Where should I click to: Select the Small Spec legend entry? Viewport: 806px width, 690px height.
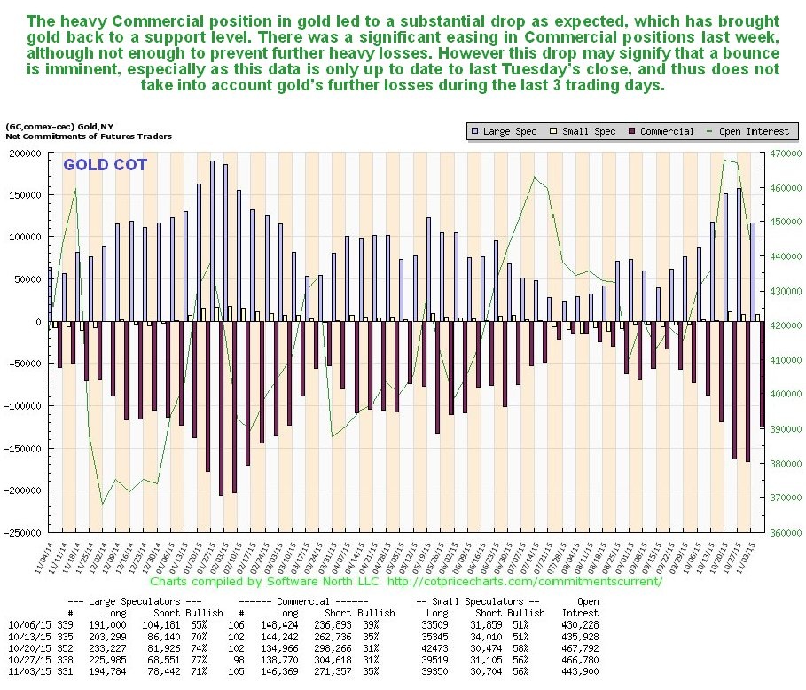(583, 131)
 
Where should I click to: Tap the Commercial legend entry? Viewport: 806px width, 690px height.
(660, 131)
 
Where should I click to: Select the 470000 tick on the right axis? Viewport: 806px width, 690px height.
(785, 153)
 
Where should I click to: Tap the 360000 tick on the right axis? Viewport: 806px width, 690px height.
(785, 532)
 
